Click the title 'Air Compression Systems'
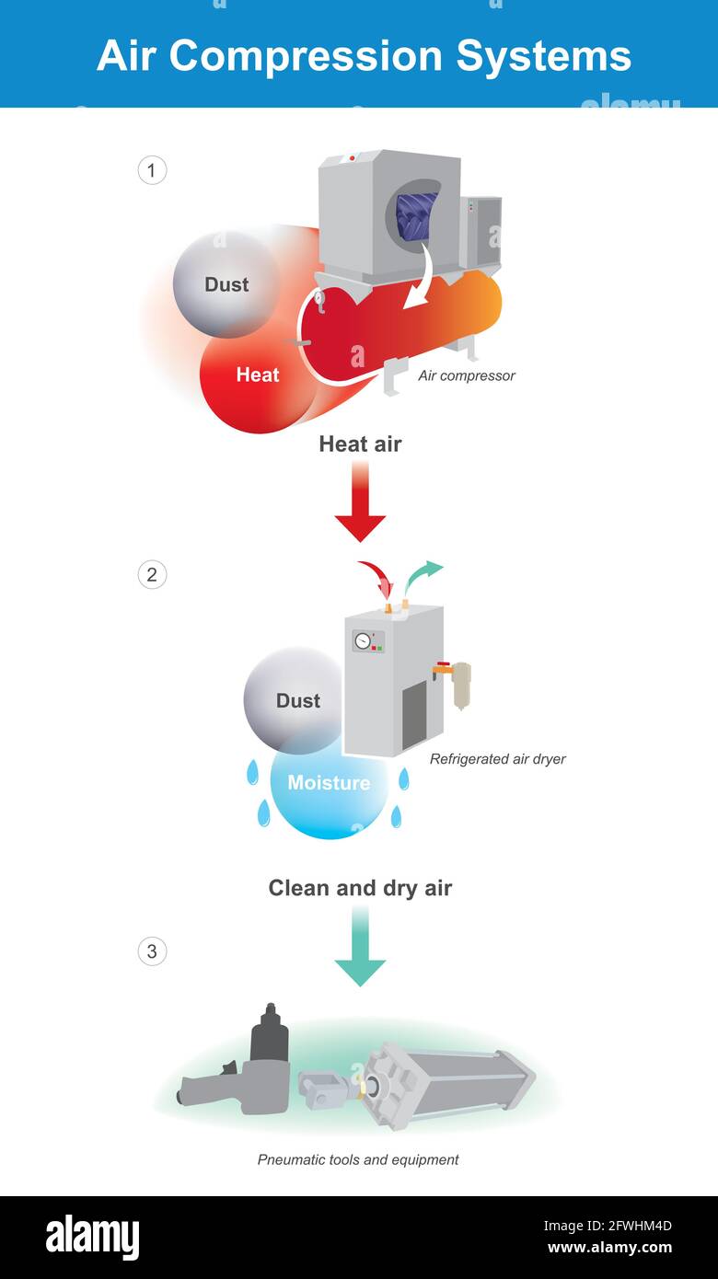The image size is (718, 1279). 364,55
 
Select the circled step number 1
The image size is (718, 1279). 152,170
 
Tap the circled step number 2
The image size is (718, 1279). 152,575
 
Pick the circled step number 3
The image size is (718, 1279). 152,951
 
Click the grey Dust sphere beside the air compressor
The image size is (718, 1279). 226,284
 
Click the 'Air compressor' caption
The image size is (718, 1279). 466,375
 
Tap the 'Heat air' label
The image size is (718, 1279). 360,444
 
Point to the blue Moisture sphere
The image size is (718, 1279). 328,787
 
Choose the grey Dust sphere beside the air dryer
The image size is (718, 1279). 295,700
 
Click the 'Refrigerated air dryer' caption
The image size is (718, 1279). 497,759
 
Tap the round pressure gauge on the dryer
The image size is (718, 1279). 363,639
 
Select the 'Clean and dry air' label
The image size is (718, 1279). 360,888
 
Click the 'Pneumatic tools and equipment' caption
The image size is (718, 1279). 358,1159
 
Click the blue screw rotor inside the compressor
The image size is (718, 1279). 416,216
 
